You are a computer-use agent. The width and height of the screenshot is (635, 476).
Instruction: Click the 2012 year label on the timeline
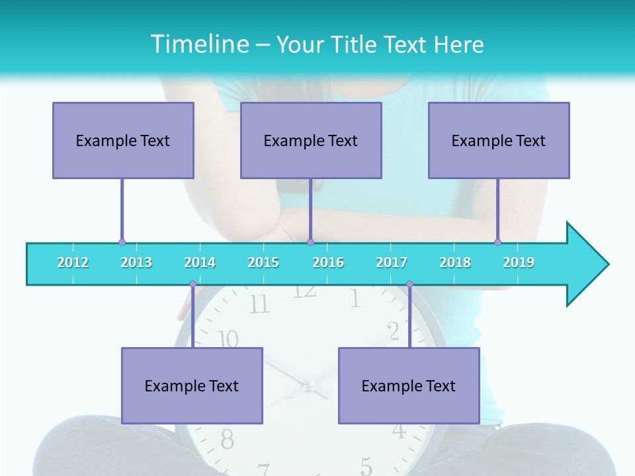73,263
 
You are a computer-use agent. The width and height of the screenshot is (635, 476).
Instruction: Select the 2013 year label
136,263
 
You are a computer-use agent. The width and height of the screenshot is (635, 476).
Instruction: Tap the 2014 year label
200,263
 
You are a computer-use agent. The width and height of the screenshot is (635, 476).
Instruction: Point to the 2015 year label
263,263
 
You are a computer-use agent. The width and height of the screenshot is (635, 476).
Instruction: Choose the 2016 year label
328,263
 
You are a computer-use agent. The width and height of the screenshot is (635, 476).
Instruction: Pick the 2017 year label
392,263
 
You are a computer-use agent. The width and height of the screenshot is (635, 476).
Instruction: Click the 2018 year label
455,263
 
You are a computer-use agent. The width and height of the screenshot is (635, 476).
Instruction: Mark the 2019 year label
519,263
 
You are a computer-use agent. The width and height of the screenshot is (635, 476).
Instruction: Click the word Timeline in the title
198,44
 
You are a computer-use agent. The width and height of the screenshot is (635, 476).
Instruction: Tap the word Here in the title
459,44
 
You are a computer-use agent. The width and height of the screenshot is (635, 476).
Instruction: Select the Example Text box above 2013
123,140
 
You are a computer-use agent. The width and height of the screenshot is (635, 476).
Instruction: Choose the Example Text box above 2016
311,140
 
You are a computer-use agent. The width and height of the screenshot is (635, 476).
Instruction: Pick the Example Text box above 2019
499,140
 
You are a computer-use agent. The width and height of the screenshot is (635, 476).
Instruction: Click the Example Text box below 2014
192,385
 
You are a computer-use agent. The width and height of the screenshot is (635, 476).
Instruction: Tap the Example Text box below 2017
409,385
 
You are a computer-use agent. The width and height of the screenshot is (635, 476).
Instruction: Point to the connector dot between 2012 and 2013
122,243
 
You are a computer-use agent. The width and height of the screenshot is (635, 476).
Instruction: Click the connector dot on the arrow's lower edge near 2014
192,284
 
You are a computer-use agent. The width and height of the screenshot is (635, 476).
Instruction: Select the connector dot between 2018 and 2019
497,242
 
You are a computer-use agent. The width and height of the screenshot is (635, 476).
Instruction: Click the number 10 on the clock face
228,340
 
